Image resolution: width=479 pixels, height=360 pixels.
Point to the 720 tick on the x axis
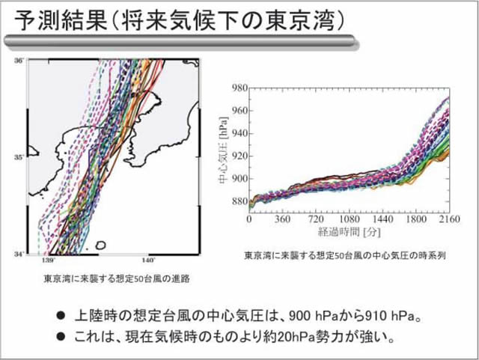(315, 222)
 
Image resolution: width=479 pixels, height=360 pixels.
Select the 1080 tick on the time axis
(348, 222)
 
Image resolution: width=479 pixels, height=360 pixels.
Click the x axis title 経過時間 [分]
(350, 234)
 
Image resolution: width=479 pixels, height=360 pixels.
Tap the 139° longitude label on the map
(49, 261)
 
